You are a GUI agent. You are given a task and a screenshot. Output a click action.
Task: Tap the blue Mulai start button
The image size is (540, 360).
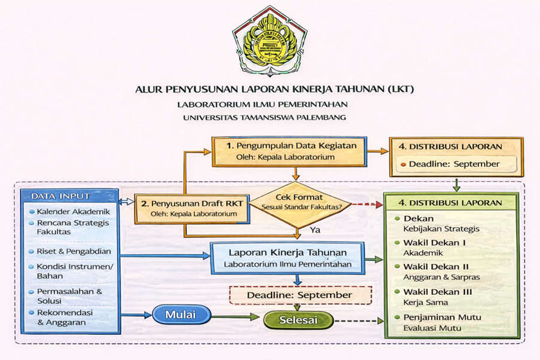click(182, 313)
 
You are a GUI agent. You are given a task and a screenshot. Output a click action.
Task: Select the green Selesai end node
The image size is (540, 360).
click(298, 320)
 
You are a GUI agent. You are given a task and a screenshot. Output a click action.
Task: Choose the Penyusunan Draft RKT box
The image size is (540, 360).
click(190, 208)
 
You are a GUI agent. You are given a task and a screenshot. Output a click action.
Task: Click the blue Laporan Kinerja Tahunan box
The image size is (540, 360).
click(287, 258)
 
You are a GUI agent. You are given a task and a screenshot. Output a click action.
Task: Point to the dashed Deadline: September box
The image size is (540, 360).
click(300, 295)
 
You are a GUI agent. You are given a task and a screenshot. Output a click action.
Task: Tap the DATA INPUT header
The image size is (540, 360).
click(60, 196)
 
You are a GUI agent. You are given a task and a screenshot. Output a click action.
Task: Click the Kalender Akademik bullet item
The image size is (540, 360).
click(73, 212)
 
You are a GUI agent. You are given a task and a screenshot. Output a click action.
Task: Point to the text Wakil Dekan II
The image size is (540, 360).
click(436, 267)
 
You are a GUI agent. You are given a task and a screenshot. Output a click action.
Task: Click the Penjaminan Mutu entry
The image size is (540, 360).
click(442, 317)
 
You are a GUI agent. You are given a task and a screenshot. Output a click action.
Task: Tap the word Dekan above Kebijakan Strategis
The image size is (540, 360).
click(419, 219)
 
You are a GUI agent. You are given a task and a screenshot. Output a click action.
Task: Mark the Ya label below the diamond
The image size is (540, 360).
click(314, 229)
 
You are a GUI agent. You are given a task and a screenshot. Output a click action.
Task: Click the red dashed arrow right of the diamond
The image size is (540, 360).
click(366, 204)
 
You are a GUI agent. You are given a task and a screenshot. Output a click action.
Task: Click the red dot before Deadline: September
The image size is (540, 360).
click(404, 164)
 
